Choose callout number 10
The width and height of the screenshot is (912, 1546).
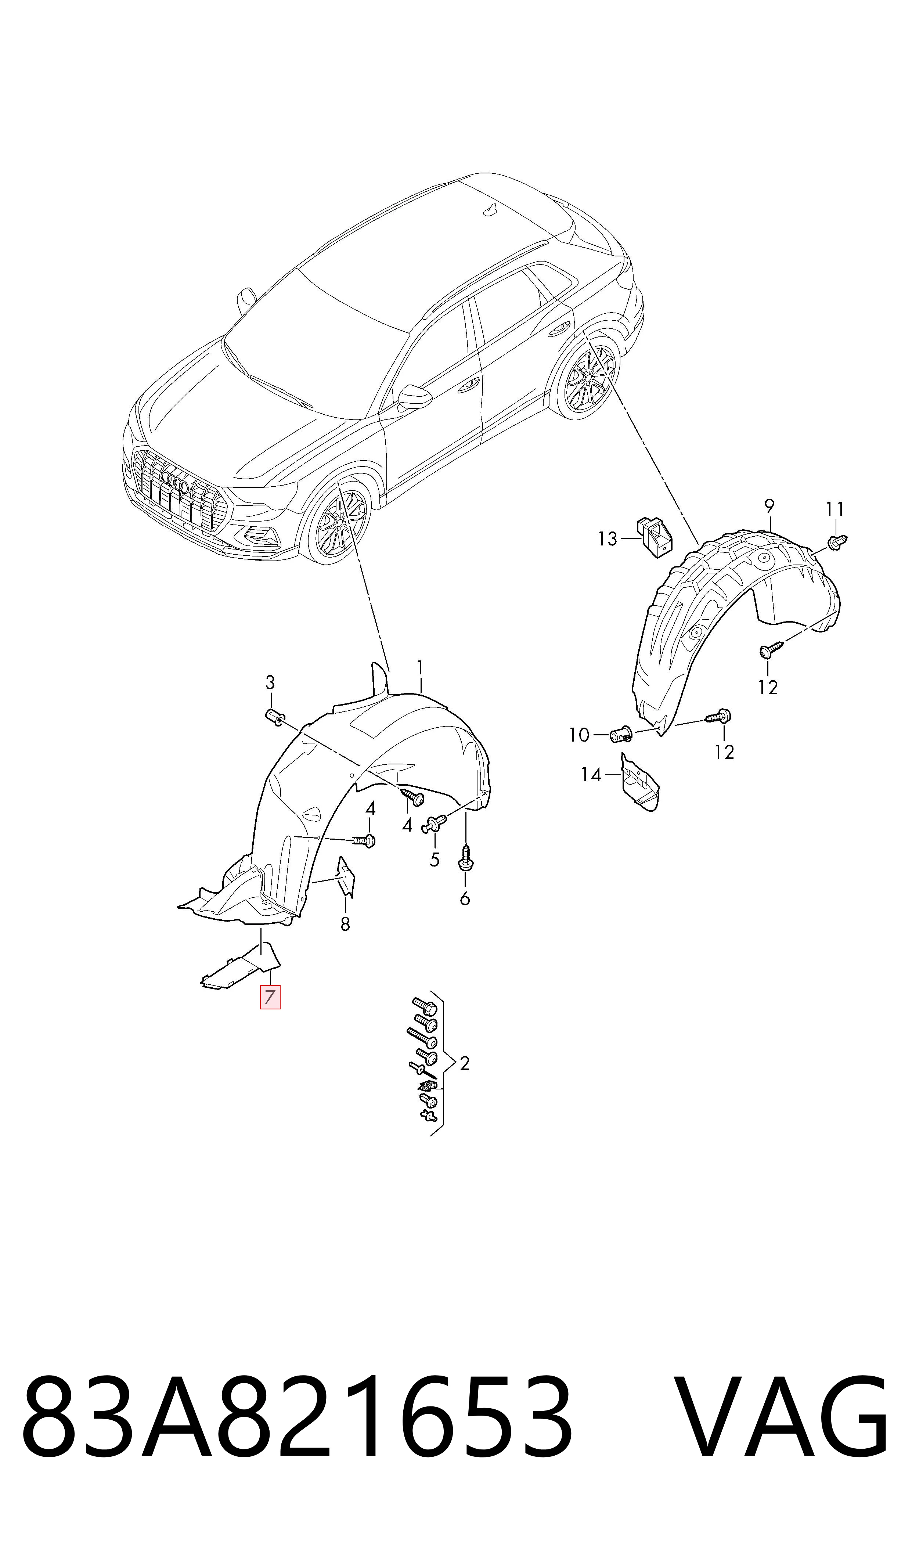tap(579, 735)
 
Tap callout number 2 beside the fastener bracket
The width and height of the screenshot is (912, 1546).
tap(465, 1064)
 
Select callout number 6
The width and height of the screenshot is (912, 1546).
tap(465, 899)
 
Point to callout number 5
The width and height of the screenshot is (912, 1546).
tap(435, 860)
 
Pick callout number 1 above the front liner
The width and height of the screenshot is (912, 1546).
tap(420, 668)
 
